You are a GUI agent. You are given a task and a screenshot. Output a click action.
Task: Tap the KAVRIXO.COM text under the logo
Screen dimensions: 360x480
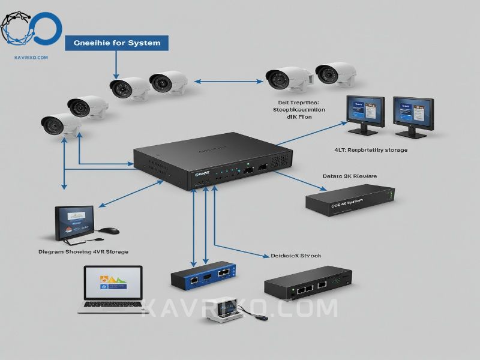point(30,58)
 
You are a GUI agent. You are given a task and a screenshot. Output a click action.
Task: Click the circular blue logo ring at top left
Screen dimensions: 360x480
point(45,28)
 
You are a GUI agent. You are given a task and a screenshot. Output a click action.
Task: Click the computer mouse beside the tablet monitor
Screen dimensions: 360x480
point(109,230)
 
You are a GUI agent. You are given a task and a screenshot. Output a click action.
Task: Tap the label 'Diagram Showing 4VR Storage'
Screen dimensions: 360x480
point(83,251)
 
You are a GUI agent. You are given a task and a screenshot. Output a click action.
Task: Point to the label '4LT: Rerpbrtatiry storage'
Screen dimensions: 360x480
point(371,149)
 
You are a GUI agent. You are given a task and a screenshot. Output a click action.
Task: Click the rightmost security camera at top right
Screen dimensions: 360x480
point(335,73)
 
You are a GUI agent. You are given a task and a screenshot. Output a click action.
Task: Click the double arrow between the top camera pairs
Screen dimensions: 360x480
point(227,81)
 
